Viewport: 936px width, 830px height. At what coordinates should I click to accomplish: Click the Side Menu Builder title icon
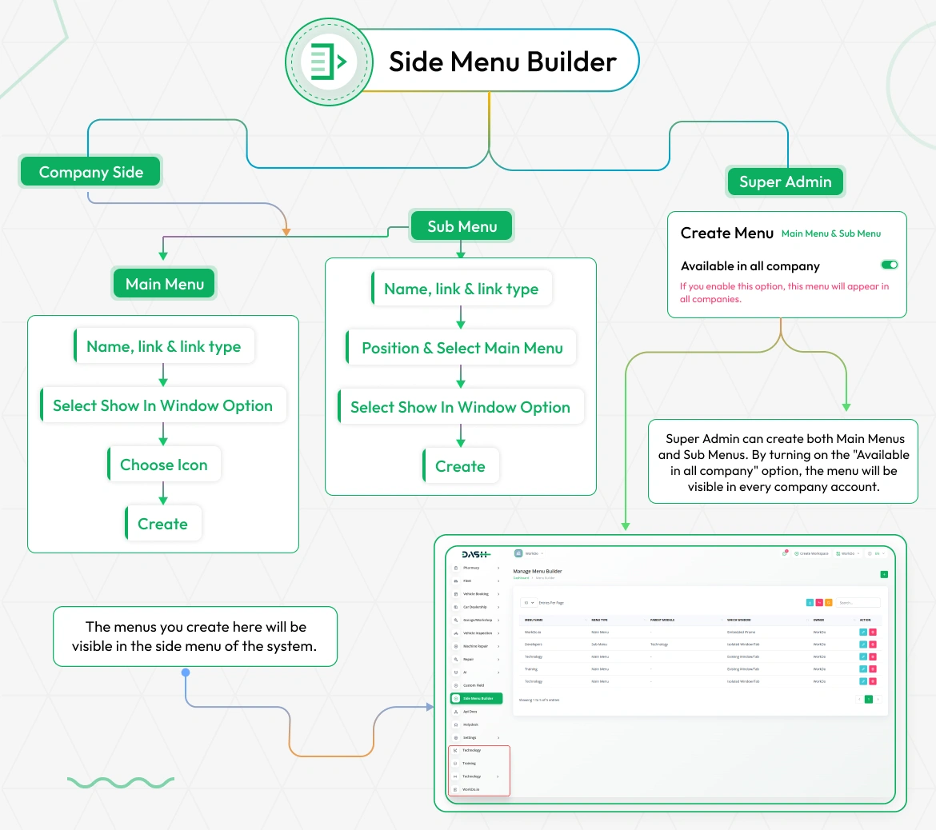[329, 62]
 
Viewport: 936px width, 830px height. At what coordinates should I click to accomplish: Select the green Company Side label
[90, 172]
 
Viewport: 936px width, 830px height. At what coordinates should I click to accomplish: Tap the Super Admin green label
[785, 182]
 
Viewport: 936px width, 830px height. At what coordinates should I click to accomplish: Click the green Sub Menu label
[462, 226]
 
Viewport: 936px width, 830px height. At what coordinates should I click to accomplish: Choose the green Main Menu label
[164, 284]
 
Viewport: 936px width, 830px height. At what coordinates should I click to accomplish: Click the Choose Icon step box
[164, 465]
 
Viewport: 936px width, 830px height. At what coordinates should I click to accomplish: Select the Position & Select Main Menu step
[462, 348]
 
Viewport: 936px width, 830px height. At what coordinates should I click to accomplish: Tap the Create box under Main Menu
[163, 524]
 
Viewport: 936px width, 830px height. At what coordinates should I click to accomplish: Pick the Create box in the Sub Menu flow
[461, 466]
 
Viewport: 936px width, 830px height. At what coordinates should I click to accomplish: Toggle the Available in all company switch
[889, 265]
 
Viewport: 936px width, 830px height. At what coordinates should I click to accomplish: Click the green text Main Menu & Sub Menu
[830, 233]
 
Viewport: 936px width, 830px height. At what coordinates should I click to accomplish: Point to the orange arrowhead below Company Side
[286, 232]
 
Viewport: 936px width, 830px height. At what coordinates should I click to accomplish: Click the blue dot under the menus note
[186, 672]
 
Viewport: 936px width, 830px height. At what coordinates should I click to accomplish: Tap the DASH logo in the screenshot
[476, 554]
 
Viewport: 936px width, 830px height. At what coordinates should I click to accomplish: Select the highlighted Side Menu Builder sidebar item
[477, 698]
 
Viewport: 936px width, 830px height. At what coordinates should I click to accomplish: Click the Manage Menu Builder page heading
[537, 571]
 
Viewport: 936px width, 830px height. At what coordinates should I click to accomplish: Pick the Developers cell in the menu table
[534, 644]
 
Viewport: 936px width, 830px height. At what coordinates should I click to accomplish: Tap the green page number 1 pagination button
[868, 699]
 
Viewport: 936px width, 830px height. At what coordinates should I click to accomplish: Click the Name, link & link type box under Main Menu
[164, 346]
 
